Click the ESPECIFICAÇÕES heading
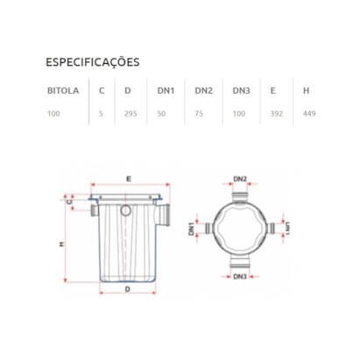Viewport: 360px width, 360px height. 92,62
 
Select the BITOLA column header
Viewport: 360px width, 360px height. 62,89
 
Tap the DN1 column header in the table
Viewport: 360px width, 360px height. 166,89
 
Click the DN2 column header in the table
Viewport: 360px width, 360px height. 203,89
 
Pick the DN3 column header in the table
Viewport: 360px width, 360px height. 242,89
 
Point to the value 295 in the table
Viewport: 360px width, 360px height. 131,113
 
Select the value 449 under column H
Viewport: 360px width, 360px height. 307,113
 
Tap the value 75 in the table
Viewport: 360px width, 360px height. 198,113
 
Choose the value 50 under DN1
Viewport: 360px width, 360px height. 161,113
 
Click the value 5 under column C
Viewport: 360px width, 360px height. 101,113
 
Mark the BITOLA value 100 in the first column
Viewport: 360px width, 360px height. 54,113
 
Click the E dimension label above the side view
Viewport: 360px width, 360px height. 128,179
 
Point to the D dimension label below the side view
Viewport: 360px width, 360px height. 127,287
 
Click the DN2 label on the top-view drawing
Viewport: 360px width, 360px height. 240,180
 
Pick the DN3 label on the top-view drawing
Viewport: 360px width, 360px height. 240,277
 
